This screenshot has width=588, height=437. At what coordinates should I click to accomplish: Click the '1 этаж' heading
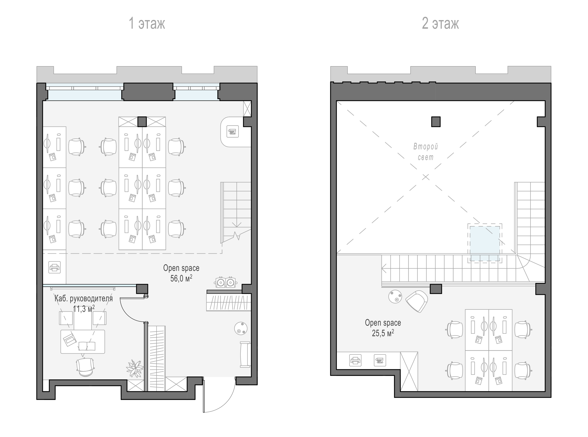tap(147, 23)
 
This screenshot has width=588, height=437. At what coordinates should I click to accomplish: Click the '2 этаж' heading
tap(440, 23)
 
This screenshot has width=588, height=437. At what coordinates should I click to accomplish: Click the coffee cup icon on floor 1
tap(232, 131)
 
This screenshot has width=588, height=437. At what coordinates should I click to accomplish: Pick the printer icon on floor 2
tap(355, 360)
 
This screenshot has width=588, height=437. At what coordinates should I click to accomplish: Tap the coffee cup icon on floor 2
tap(380, 360)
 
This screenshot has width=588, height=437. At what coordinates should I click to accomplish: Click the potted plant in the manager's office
tap(135, 368)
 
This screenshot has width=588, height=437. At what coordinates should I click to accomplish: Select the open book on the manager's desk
tap(87, 346)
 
